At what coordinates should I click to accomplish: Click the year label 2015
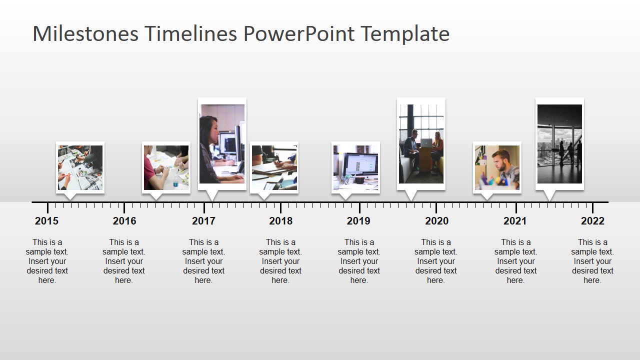pyautogui.click(x=46, y=220)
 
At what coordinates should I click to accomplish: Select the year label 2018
pyautogui.click(x=280, y=220)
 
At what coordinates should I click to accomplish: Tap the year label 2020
pyautogui.click(x=436, y=220)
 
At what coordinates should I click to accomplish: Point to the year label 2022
pyautogui.click(x=592, y=220)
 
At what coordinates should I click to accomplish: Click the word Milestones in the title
pyautogui.click(x=85, y=33)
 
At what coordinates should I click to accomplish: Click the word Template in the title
pyautogui.click(x=404, y=33)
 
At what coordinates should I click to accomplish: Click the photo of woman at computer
pyautogui.click(x=222, y=143)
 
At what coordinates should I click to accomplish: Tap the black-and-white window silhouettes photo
pyautogui.click(x=559, y=143)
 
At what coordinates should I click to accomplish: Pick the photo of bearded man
pyautogui.click(x=497, y=167)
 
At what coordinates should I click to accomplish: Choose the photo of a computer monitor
pyautogui.click(x=355, y=167)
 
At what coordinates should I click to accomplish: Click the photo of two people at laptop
pyautogui.click(x=421, y=143)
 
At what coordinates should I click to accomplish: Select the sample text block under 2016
pyautogui.click(x=124, y=261)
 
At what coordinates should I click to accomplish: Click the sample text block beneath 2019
pyautogui.click(x=358, y=261)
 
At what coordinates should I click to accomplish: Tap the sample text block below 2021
pyautogui.click(x=515, y=261)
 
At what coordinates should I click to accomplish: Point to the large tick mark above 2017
pyautogui.click(x=204, y=207)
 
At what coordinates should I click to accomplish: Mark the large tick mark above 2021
pyautogui.click(x=516, y=207)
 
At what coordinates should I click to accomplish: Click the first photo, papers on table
pyautogui.click(x=80, y=167)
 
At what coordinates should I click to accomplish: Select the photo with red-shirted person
pyautogui.click(x=166, y=167)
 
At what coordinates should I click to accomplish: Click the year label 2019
pyautogui.click(x=358, y=220)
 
